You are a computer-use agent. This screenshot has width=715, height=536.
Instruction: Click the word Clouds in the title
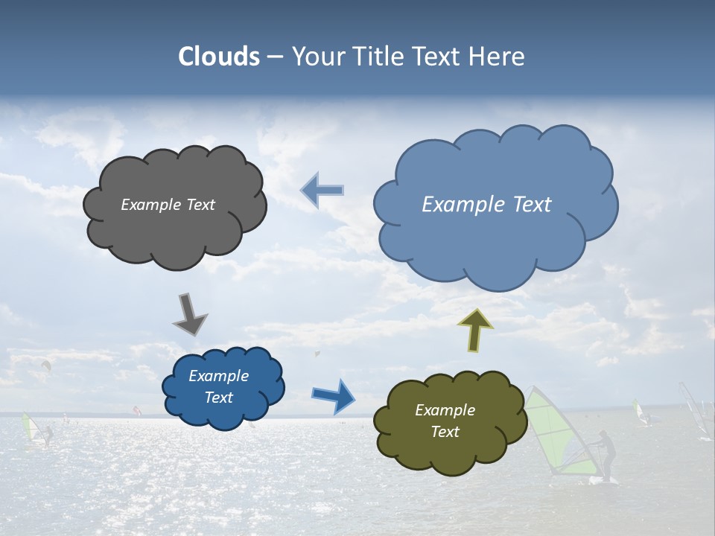(x=218, y=57)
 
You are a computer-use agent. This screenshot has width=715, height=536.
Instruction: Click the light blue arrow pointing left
(x=322, y=191)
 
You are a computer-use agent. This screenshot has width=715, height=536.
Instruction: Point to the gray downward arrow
(x=190, y=313)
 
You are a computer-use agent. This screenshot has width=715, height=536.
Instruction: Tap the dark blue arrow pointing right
(x=334, y=395)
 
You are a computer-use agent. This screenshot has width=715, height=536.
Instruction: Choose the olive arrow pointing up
(x=475, y=330)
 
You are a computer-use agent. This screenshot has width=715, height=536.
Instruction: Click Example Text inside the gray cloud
(x=168, y=205)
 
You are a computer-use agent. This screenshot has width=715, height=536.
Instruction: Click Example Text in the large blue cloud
(x=486, y=205)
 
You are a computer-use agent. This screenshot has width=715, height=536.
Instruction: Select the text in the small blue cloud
(x=218, y=387)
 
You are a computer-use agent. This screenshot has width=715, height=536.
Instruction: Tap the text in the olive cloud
(x=445, y=421)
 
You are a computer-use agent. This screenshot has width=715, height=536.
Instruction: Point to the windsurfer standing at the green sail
(x=607, y=456)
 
